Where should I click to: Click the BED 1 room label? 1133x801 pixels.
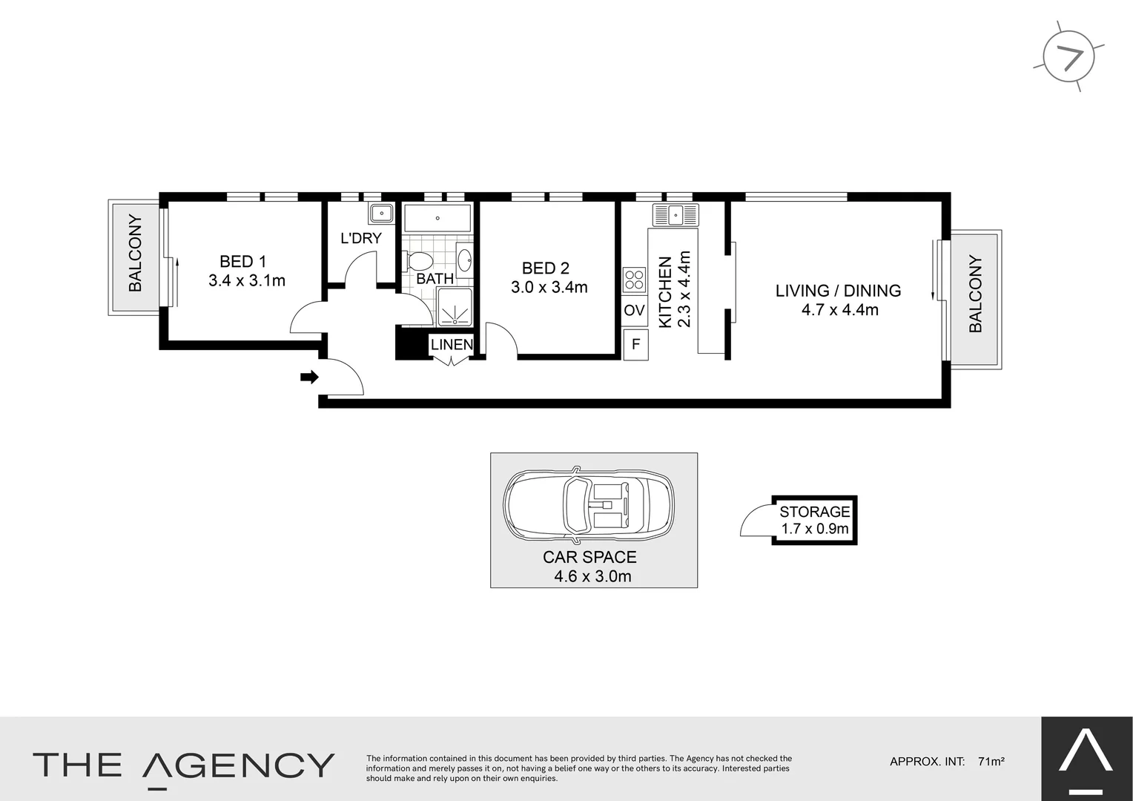click(x=242, y=261)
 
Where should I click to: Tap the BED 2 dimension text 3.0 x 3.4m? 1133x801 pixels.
click(x=549, y=287)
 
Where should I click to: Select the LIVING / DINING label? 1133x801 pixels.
click(x=838, y=291)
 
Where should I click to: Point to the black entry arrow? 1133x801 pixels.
click(x=309, y=378)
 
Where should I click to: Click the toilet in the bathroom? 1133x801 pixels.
click(x=419, y=261)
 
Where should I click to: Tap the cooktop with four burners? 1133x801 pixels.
click(x=635, y=280)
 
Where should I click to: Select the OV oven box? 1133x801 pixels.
click(x=634, y=310)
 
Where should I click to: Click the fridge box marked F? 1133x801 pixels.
click(x=635, y=345)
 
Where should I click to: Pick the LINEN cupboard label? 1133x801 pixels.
click(x=452, y=344)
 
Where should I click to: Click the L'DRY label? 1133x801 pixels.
click(x=360, y=238)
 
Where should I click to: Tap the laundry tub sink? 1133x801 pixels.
click(x=381, y=214)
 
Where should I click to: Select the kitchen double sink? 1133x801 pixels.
click(x=675, y=215)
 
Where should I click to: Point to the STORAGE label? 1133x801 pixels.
click(x=814, y=512)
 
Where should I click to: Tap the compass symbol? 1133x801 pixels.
click(x=1068, y=57)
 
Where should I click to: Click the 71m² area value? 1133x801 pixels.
click(x=991, y=761)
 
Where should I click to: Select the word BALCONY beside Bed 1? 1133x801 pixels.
click(x=135, y=253)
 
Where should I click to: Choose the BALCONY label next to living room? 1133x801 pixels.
click(x=975, y=294)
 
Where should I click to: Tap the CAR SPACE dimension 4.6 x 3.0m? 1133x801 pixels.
click(x=592, y=576)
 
